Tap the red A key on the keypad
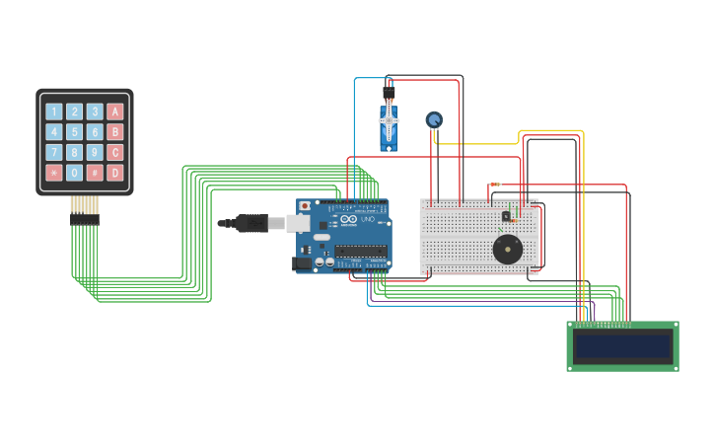coord(115,112)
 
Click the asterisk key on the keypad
coord(54,173)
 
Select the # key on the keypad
coord(95,173)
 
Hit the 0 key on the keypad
coord(74,173)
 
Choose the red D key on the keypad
coord(115,173)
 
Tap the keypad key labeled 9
coord(95,152)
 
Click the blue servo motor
coord(390,128)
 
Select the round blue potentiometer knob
coord(434,119)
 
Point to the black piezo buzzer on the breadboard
coord(508,249)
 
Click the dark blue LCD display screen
coord(622,346)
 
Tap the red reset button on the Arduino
coord(305,206)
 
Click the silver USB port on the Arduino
coord(298,224)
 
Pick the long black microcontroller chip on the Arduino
coord(360,251)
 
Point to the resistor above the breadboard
coord(494,185)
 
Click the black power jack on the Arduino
coord(302,263)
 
